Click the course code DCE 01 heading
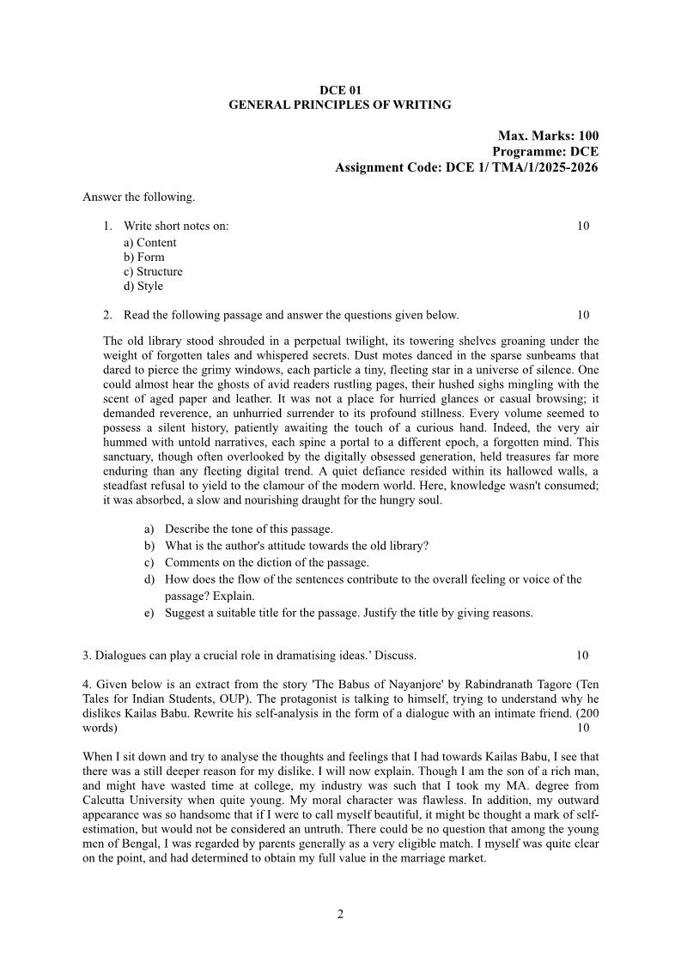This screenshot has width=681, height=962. pos(339,89)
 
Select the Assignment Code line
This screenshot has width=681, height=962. pos(466,166)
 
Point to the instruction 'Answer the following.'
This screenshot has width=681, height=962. pos(138,197)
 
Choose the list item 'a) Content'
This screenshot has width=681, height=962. pos(150,243)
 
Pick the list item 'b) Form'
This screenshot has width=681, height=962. pos(144,257)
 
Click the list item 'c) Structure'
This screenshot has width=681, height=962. pos(153,271)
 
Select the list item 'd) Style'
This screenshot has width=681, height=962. pos(143,286)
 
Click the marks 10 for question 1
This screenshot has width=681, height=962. pos(583,227)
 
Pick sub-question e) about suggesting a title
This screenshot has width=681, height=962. pos(349,613)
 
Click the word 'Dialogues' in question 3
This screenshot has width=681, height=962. pos(119,656)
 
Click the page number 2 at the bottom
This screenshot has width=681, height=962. pos(340,913)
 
